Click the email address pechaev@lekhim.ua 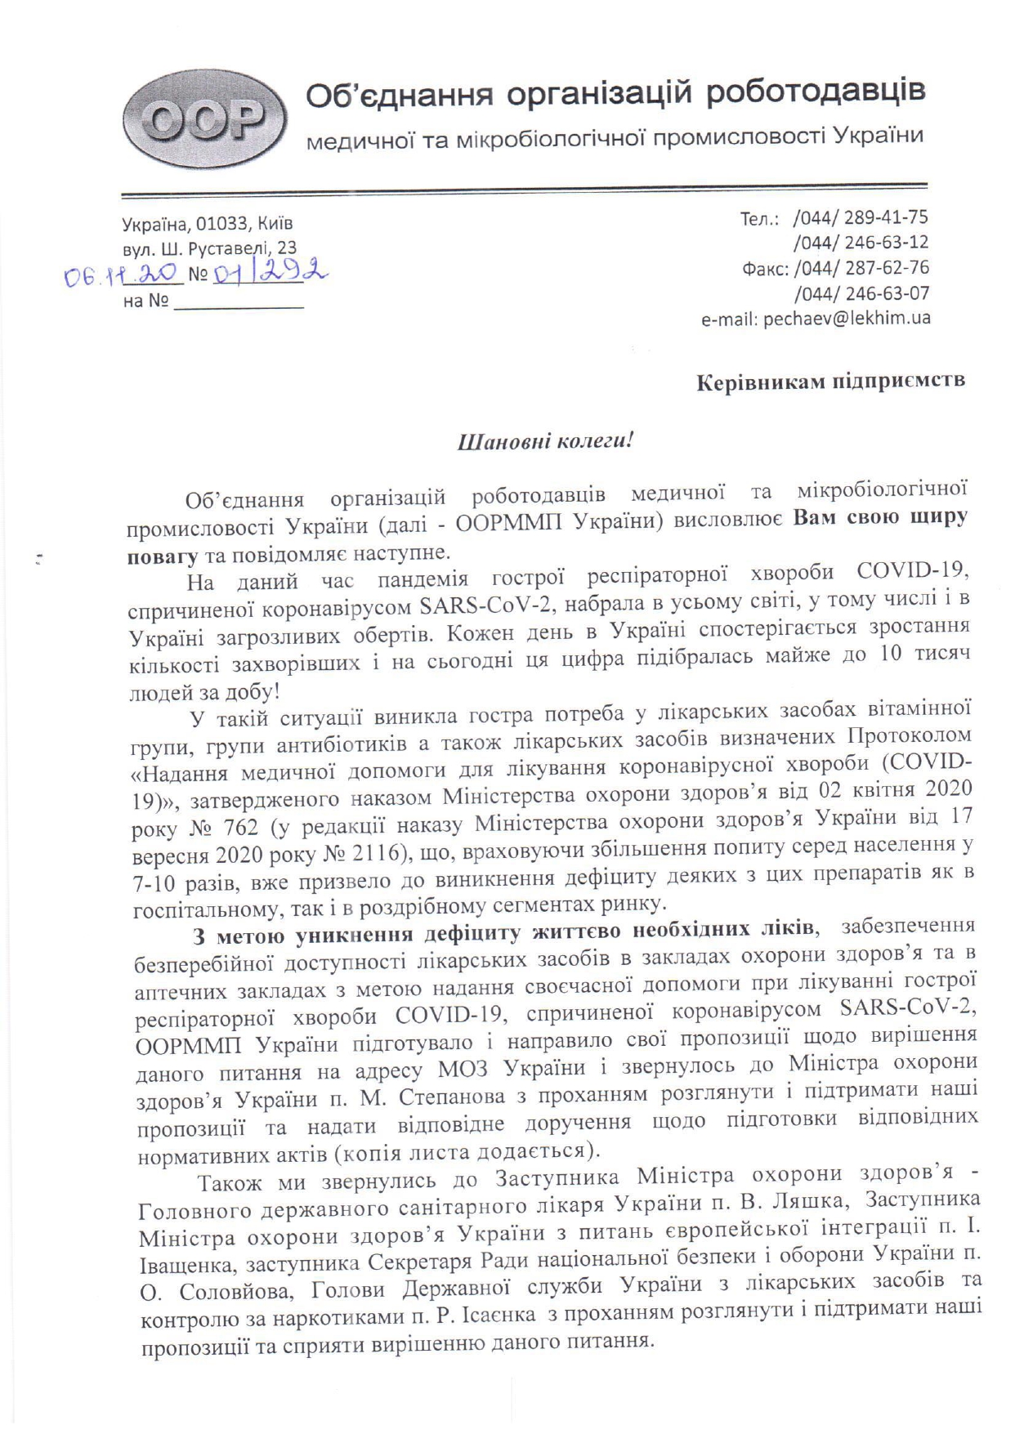846,318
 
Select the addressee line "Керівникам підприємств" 830,380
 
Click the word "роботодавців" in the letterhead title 816,92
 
